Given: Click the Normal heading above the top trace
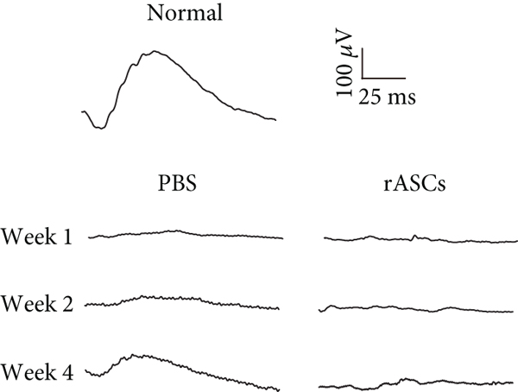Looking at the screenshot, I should click(182, 14).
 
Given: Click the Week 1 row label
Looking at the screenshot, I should click(37, 236).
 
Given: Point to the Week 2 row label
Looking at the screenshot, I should click(37, 304).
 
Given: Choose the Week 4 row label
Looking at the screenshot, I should click(37, 373).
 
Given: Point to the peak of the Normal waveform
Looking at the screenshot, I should click(154, 52).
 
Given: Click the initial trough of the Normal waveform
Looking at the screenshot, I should click(101, 128).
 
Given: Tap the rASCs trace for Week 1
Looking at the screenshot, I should click(419, 239).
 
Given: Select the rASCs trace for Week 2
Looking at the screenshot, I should click(419, 307).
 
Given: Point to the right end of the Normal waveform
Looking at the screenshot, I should click(275, 119).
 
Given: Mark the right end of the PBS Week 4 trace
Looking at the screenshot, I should click(279, 389).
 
